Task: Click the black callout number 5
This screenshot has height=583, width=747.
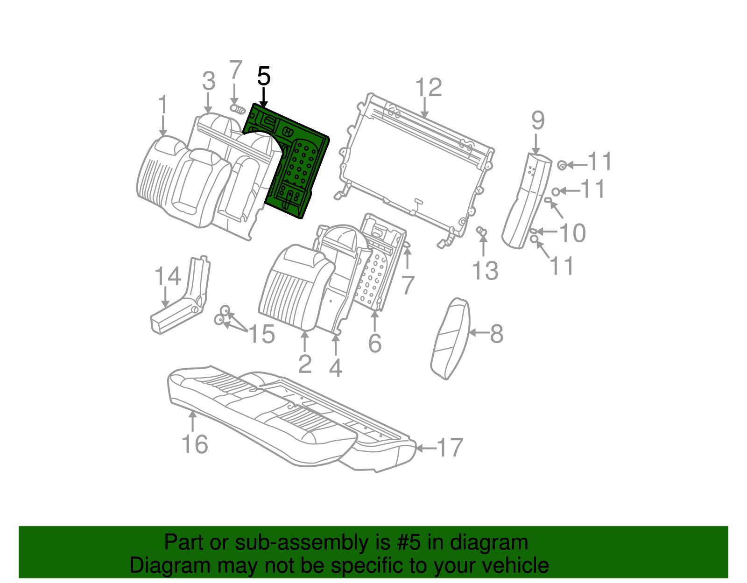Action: (264, 76)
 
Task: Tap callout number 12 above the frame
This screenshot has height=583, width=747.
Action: (428, 88)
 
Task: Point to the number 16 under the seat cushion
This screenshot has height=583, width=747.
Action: (195, 444)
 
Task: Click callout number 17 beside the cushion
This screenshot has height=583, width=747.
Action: (450, 448)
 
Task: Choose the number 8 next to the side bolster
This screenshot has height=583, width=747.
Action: (496, 334)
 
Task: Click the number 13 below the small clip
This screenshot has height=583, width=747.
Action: (485, 271)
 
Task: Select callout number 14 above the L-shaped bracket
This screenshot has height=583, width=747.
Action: (168, 276)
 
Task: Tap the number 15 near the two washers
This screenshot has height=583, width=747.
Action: (261, 334)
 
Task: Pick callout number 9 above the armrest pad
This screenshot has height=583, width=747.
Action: (538, 120)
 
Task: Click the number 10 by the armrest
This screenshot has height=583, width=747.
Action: (572, 232)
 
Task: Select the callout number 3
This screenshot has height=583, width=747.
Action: (209, 81)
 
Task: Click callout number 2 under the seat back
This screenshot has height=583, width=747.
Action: (305, 364)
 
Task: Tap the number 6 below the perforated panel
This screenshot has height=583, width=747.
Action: (375, 344)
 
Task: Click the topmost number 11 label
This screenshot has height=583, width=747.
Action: (599, 162)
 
